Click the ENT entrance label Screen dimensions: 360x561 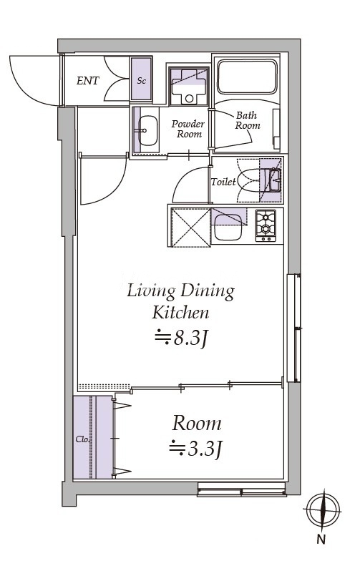point(87,81)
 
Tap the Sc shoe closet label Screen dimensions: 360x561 point(142,81)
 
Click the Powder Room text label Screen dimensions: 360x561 point(188,129)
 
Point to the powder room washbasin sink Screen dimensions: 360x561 point(147,130)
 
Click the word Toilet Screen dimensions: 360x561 point(223,182)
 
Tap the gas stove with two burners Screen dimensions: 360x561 point(265,225)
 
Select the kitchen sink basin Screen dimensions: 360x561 point(228,228)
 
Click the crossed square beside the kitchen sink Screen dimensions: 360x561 point(191,228)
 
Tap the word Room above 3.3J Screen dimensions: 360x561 point(196,424)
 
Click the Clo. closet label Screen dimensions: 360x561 point(82,439)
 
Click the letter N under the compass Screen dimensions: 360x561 point(321,540)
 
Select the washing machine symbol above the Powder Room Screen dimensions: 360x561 point(189,86)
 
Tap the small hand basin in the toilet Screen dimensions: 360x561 point(275,180)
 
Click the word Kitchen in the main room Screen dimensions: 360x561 point(180,313)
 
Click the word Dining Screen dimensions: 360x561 point(208,292)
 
